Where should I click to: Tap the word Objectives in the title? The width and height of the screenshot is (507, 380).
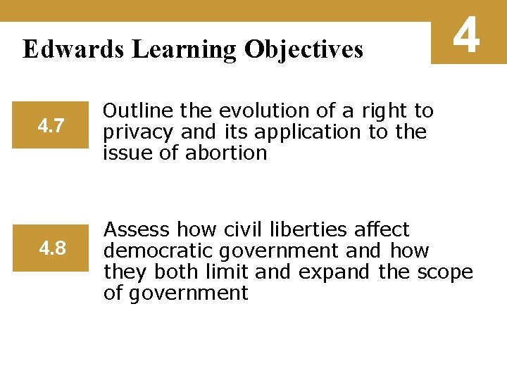pyautogui.click(x=303, y=49)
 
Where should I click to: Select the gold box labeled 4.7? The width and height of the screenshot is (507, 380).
pyautogui.click(x=51, y=127)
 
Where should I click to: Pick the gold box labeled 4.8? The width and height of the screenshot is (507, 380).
pyautogui.click(x=51, y=248)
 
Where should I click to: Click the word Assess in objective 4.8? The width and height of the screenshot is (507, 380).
pyautogui.click(x=137, y=229)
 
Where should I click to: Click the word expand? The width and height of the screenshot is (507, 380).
pyautogui.click(x=334, y=272)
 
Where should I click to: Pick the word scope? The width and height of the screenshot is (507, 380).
pyautogui.click(x=447, y=272)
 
